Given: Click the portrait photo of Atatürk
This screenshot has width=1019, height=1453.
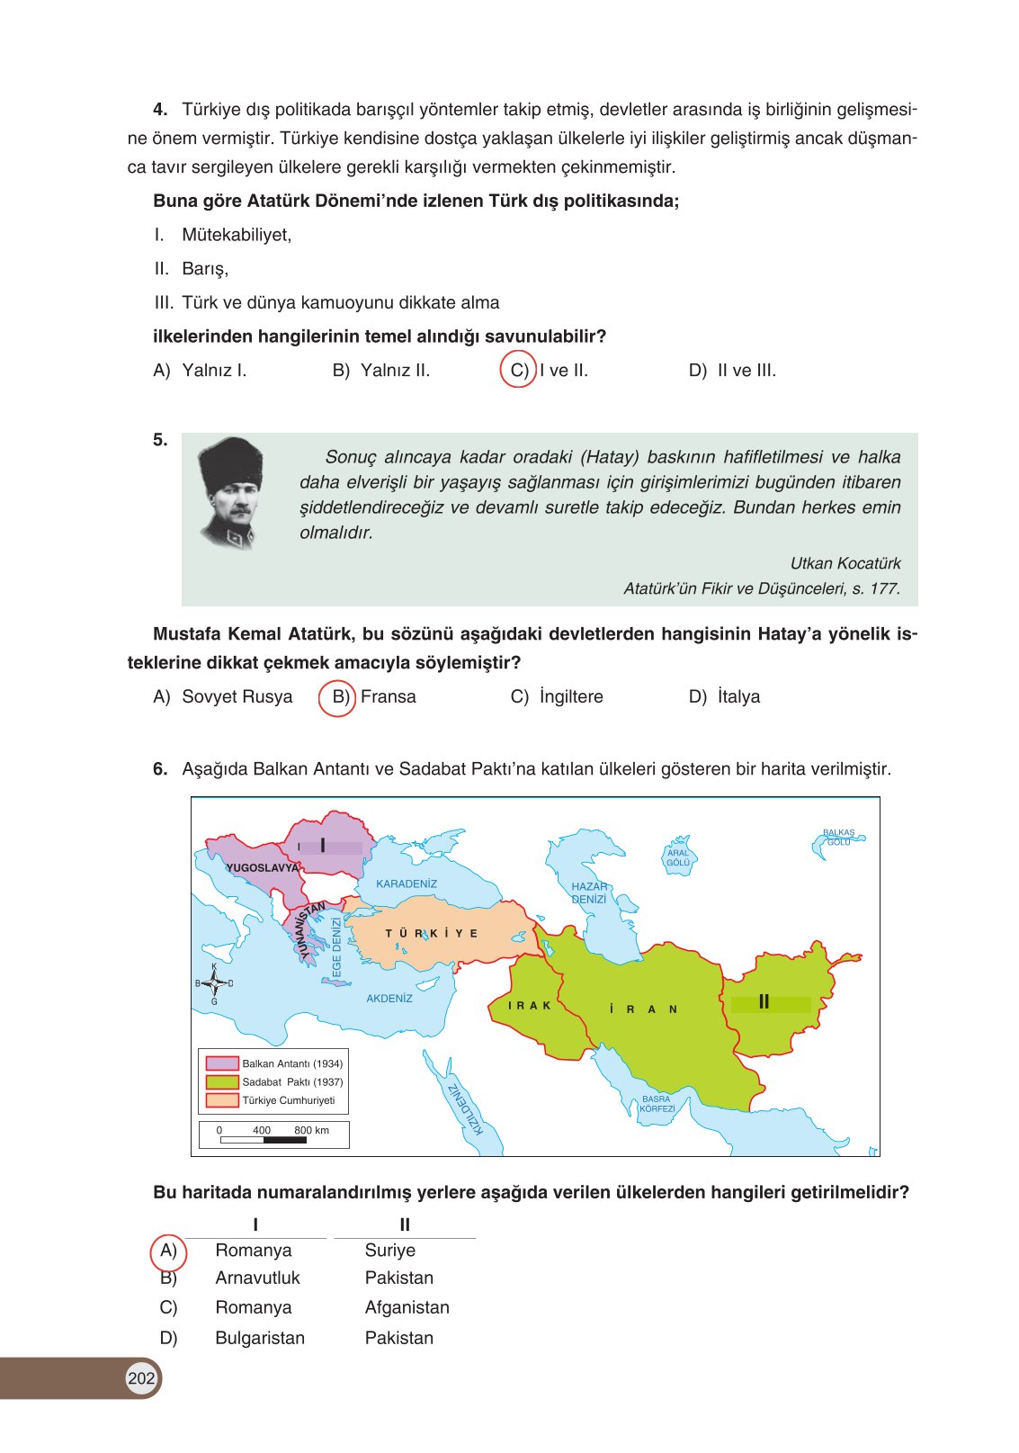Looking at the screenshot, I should click(x=231, y=493).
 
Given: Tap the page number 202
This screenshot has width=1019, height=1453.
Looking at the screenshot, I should click(x=141, y=1378).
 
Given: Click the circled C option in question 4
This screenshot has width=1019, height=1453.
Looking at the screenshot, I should click(x=519, y=371).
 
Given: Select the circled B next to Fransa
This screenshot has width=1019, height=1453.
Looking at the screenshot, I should click(x=339, y=697).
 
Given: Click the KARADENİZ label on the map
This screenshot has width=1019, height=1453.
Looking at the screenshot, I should click(x=407, y=884).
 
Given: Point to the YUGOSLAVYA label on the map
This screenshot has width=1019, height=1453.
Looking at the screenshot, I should click(x=262, y=868).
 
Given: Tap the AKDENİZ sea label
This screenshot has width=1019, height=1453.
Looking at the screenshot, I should click(x=389, y=999).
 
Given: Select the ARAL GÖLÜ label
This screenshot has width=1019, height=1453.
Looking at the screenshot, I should click(x=678, y=858).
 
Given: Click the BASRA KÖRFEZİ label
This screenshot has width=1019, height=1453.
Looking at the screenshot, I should click(x=657, y=1105).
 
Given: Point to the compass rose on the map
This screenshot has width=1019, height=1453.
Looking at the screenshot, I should click(x=214, y=983).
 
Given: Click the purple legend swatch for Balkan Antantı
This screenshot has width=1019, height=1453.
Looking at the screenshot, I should click(x=222, y=1063).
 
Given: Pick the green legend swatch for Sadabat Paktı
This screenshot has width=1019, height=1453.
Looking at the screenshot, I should click(x=222, y=1082).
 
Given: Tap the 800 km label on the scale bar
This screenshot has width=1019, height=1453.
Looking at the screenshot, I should click(x=311, y=1131).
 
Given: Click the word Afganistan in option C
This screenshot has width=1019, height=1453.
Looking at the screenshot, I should click(x=407, y=1308).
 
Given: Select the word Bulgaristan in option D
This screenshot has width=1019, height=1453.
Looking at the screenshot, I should click(x=260, y=1339).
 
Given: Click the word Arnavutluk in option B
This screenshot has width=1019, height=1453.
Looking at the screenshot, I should click(x=257, y=1278).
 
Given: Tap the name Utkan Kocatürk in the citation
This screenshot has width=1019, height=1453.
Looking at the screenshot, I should click(x=845, y=564).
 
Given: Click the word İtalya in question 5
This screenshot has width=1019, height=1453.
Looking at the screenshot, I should click(x=738, y=697).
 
